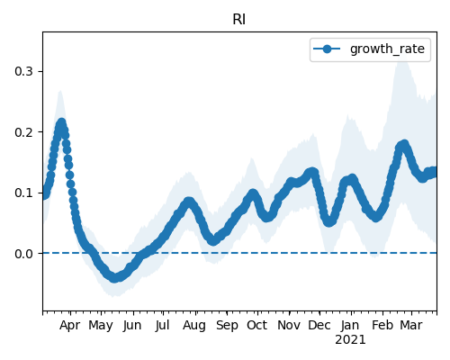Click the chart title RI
pos(239,20)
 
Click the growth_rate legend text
pos(387,49)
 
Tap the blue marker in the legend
pos(327,49)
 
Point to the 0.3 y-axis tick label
pos(23,71)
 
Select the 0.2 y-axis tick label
pos(23,132)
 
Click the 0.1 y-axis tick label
pos(23,193)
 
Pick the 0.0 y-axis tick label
pos(23,254)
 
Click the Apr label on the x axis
pos(70,326)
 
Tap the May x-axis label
pos(101,326)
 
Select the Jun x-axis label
pos(132,326)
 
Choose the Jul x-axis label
pos(162,326)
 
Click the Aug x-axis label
pos(194,326)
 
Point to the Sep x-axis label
pos(227,326)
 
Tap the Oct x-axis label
pos(257,326)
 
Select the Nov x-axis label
pos(289,326)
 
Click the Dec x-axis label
pos(319,326)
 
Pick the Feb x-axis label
pos(382,326)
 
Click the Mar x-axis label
pos(411,326)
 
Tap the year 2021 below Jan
pos(350,340)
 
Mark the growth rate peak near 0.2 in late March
pos(61,123)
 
